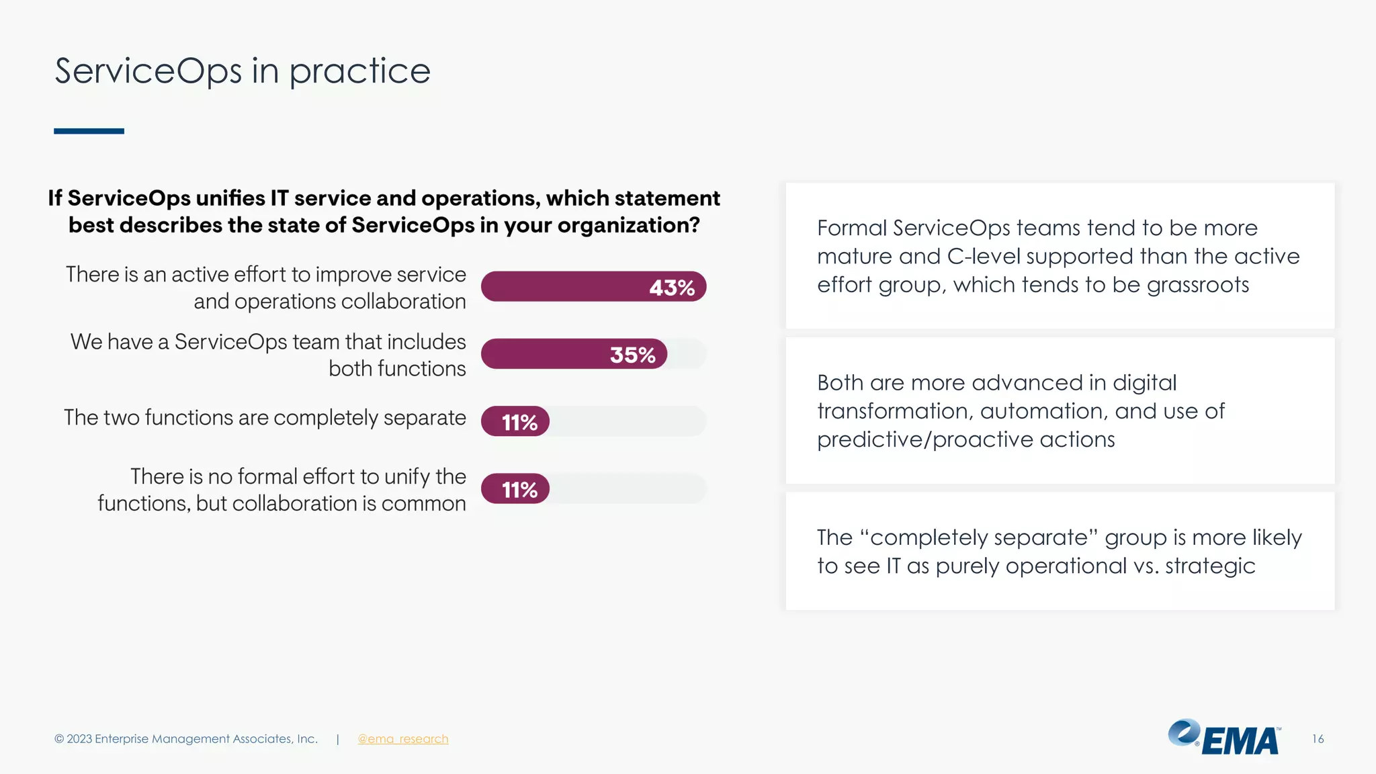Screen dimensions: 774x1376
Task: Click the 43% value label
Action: (x=671, y=288)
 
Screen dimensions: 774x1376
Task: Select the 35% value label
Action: (x=632, y=355)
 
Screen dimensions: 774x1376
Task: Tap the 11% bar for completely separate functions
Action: (x=515, y=422)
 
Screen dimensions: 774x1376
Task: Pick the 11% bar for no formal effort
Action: (x=515, y=489)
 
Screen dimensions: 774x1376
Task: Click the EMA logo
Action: (x=1224, y=738)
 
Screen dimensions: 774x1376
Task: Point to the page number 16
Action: (x=1318, y=739)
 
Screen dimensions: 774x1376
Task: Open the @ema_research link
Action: (x=402, y=739)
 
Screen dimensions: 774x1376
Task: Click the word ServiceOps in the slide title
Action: (x=148, y=71)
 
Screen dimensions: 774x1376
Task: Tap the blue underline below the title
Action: (x=89, y=131)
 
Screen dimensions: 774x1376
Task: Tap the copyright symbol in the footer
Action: (x=59, y=739)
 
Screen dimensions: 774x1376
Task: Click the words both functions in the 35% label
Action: (x=397, y=369)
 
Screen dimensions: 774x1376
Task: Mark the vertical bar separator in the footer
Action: (x=337, y=739)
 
